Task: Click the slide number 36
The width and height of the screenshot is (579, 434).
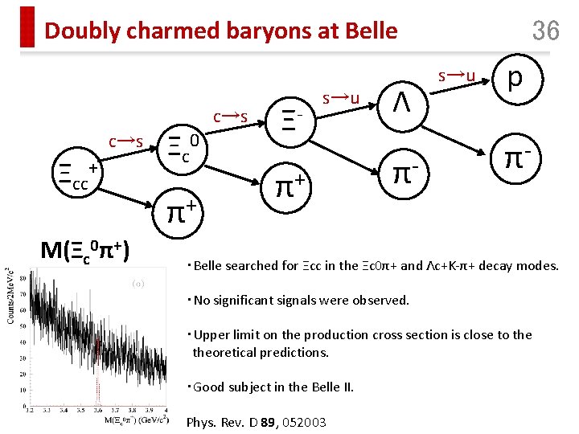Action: tap(545, 31)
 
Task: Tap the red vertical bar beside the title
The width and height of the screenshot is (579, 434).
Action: tap(28, 27)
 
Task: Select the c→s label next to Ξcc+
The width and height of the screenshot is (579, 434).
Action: tap(126, 142)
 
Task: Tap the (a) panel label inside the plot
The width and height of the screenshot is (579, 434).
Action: tap(138, 283)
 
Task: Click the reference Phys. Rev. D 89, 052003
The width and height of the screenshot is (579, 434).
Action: tap(256, 422)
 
